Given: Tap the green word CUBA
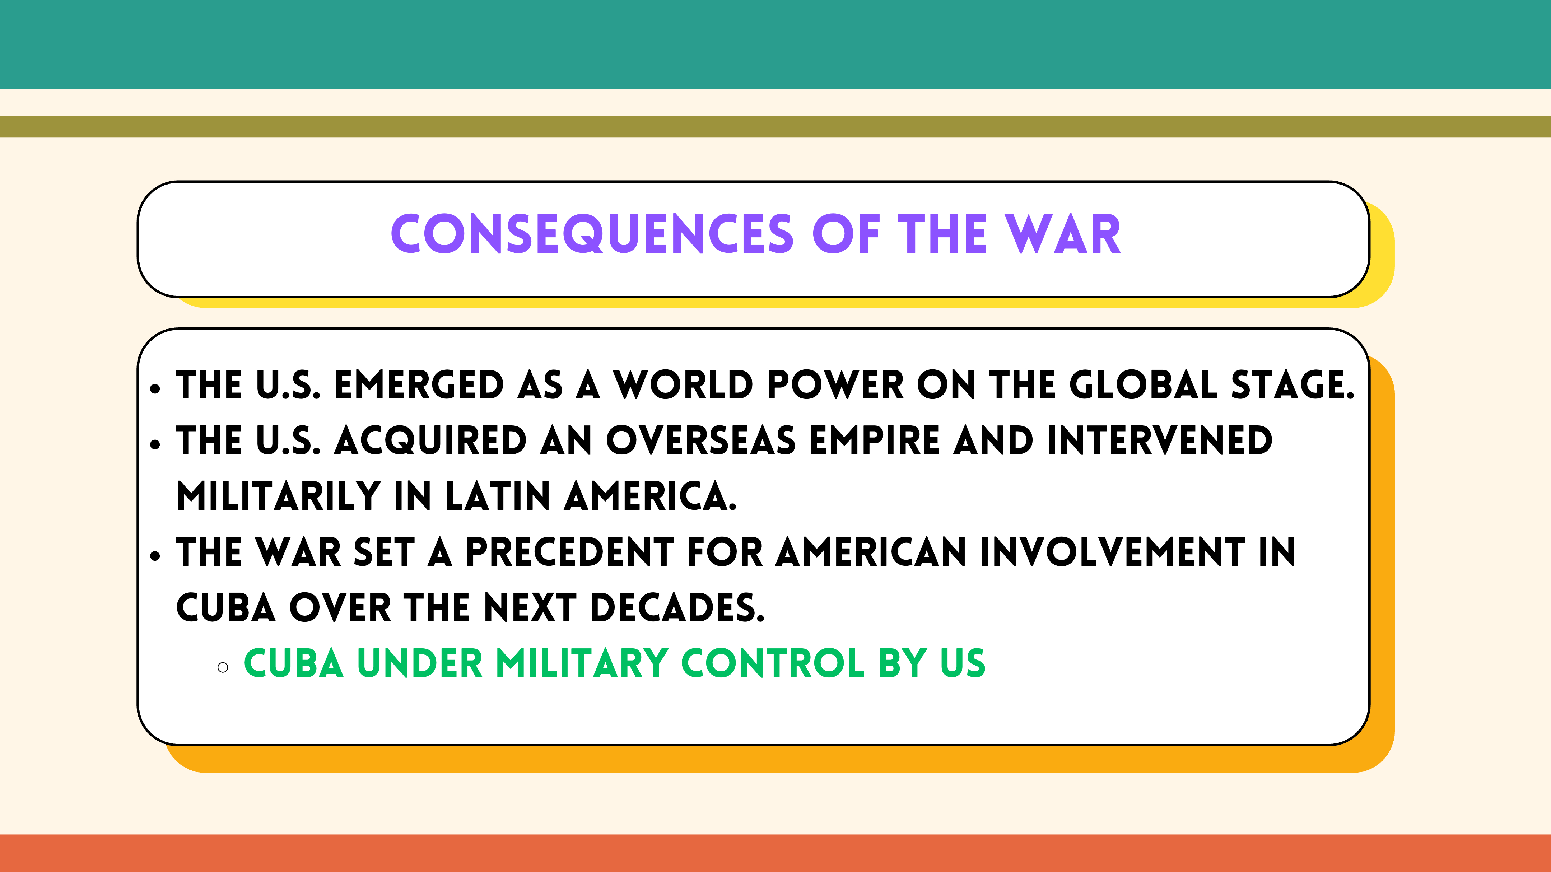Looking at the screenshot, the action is (294, 664).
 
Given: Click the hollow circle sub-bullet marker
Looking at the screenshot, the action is (223, 667).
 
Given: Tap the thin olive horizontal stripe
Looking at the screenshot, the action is (775, 126).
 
